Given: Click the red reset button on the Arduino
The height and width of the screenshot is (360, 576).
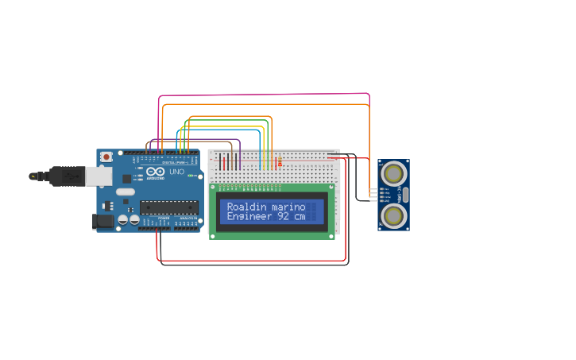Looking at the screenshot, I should [106, 157].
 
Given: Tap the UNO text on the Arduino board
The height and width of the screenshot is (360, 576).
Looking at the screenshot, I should [176, 172].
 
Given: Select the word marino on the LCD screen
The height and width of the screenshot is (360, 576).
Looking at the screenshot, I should [288, 207].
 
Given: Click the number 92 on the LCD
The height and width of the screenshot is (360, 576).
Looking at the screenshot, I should [284, 216].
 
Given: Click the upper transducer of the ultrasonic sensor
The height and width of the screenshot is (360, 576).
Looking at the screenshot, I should [392, 173].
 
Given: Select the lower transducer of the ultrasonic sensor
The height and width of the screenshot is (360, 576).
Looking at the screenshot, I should [392, 215].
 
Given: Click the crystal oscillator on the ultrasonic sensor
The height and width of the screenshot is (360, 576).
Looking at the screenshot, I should [405, 195].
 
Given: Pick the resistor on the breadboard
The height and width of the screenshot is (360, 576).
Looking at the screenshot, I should [279, 162].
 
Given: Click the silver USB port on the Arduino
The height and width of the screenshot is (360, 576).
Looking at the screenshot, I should [99, 176].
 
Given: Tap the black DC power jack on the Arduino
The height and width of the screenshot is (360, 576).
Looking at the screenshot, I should [102, 222].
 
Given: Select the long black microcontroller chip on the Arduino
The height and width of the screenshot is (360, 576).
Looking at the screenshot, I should [169, 207].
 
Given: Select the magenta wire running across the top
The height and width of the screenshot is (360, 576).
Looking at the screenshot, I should [262, 95].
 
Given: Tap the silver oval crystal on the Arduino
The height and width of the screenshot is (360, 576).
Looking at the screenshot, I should [126, 192].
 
